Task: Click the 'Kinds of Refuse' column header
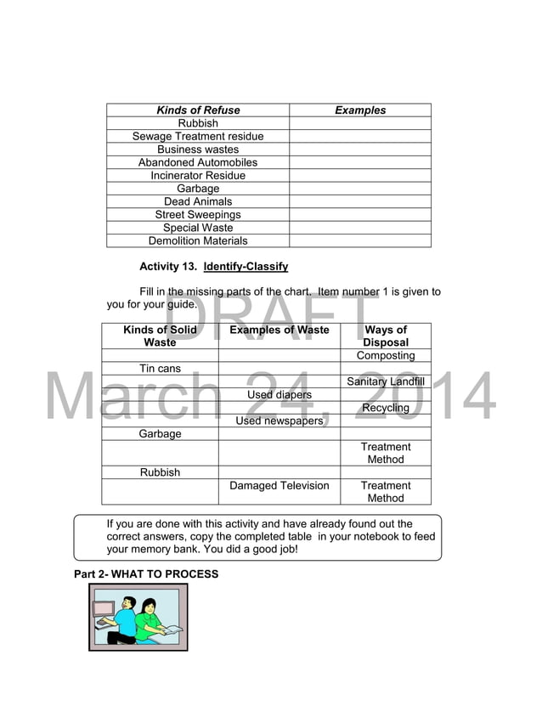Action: coord(198,110)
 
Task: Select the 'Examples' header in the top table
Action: coord(360,110)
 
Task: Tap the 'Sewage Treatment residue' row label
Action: coord(198,136)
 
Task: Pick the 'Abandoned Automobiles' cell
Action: coord(198,162)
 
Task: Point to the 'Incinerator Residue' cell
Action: coord(198,176)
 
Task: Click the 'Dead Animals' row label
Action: coord(198,201)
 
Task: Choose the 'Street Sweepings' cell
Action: coord(198,215)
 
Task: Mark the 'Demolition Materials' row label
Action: coord(198,241)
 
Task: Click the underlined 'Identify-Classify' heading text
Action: coord(246,267)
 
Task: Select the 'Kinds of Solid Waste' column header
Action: coord(160,336)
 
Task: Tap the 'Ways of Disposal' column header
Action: coord(386,336)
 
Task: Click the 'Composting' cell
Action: coord(386,356)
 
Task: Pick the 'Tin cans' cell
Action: coord(160,369)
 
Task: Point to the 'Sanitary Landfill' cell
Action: coord(386,382)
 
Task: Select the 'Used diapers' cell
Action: coord(279,395)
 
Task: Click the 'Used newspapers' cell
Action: coord(279,421)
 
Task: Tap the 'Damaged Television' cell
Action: coord(279,486)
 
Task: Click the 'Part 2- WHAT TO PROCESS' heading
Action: coord(146,574)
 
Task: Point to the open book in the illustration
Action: coord(170,630)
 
